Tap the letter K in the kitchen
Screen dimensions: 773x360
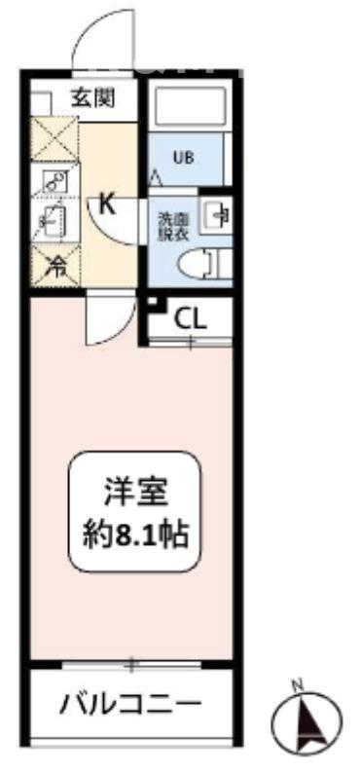[107, 204]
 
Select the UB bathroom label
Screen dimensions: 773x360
[182, 156]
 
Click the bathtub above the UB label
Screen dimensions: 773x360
[191, 111]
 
